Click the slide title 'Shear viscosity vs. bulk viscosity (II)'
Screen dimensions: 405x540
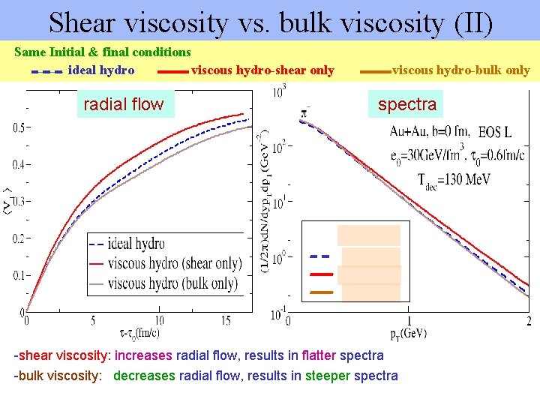(270, 22)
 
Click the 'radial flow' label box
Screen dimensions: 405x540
(123, 104)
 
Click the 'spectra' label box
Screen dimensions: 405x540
(407, 104)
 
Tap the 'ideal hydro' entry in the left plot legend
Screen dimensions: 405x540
(136, 244)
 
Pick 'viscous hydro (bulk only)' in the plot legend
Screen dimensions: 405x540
(172, 283)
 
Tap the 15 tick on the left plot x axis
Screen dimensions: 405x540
(226, 321)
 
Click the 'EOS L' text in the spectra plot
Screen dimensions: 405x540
(495, 133)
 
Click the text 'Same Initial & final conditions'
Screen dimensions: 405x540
(103, 52)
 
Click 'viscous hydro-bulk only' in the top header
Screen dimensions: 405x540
(460, 70)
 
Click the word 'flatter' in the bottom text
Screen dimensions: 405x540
(317, 355)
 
